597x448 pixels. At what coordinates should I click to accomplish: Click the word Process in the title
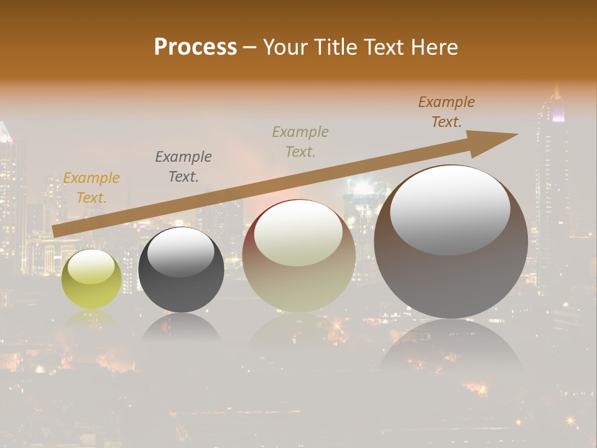[195, 47]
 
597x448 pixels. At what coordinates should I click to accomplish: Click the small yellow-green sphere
[91, 279]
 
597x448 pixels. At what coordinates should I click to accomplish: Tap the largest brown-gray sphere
[451, 243]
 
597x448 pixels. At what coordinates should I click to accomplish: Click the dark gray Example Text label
[183, 166]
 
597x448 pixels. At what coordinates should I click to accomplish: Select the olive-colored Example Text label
[300, 141]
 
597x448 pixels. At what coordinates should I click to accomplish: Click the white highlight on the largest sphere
[450, 208]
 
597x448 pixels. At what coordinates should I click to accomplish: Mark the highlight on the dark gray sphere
[180, 251]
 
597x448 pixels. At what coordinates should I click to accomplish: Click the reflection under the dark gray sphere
[181, 327]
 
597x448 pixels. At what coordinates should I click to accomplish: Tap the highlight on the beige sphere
[298, 233]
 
